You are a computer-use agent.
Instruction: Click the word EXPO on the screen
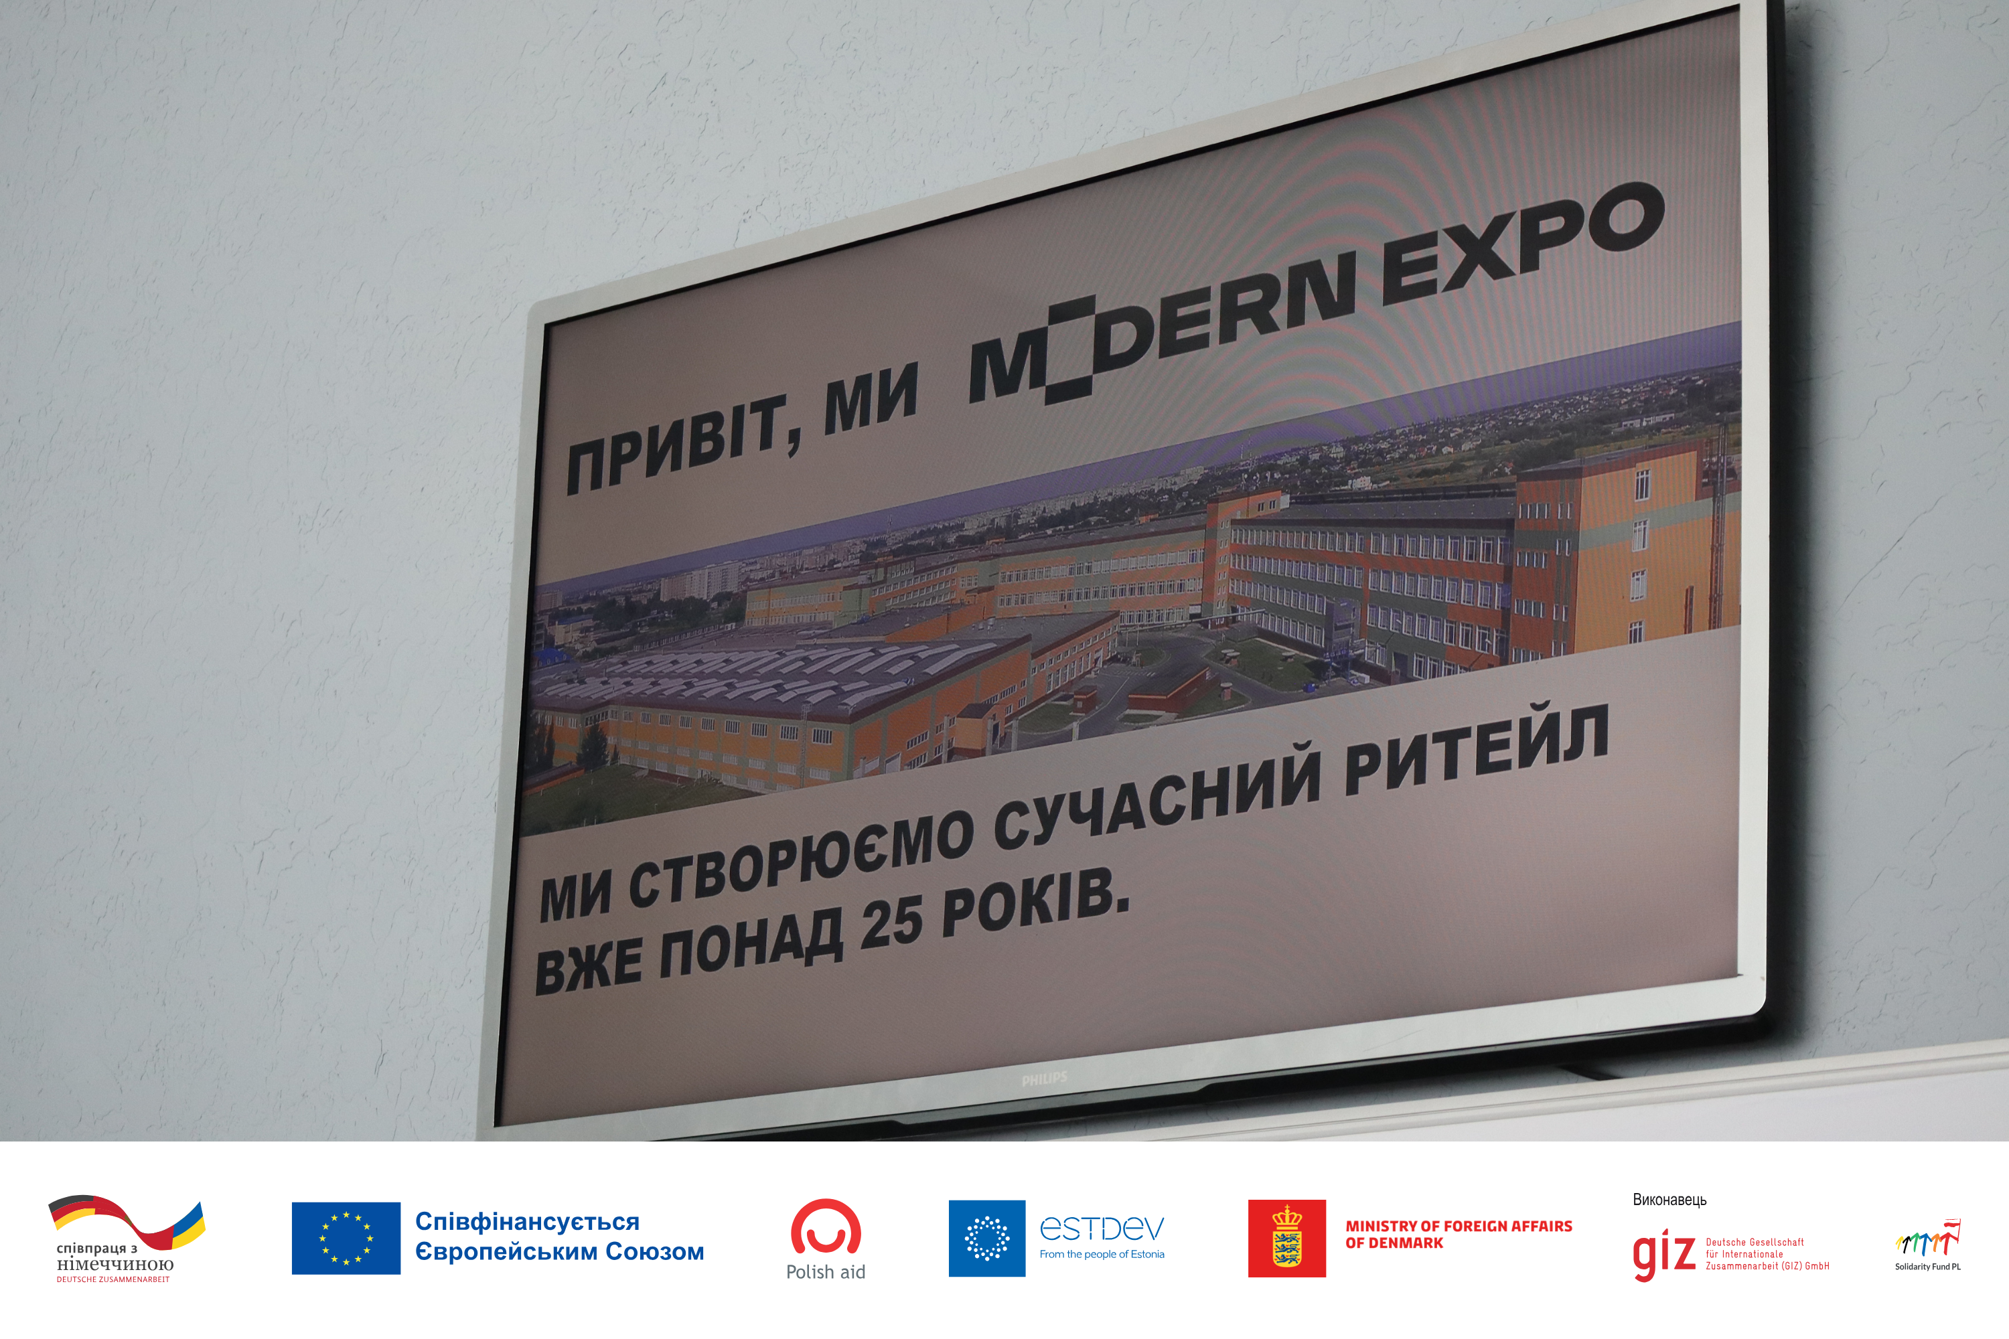coord(1521,244)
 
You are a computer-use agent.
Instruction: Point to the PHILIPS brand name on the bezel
coord(1044,1079)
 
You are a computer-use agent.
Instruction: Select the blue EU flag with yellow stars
coord(346,1238)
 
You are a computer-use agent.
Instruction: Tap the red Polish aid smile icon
coord(826,1227)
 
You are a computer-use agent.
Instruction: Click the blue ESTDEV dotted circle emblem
coord(986,1238)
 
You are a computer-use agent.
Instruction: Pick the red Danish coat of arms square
coord(1287,1238)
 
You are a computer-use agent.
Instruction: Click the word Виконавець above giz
coord(1669,1200)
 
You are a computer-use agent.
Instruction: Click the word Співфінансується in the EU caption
coord(527,1222)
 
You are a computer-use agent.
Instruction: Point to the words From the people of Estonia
coord(1102,1255)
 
